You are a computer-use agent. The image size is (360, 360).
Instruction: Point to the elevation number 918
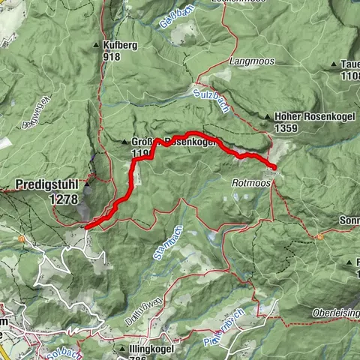(x=112, y=56)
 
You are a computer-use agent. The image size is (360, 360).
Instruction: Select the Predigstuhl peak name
(x=46, y=182)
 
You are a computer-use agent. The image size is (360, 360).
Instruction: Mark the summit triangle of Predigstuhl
(x=87, y=183)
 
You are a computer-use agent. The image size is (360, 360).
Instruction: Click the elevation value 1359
(x=289, y=128)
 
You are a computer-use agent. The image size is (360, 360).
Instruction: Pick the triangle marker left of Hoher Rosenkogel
(x=267, y=117)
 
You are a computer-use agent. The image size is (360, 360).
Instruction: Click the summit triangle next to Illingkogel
(x=122, y=349)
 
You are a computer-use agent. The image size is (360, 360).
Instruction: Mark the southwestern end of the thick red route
(x=86, y=225)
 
